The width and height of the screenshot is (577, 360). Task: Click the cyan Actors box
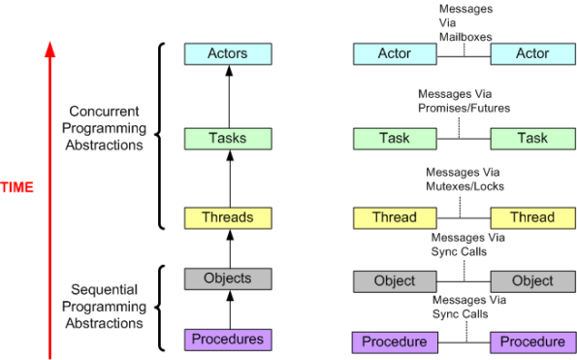pos(228,54)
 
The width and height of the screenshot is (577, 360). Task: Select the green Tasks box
pos(228,138)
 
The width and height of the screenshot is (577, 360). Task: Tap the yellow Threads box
pos(228,217)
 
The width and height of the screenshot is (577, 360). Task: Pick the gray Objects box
pos(228,278)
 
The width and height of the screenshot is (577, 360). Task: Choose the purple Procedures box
pos(228,340)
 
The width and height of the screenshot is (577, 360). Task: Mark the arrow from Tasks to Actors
pos(228,96)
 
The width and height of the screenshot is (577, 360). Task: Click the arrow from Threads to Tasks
pos(228,178)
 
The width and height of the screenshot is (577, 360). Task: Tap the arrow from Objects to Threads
pos(228,248)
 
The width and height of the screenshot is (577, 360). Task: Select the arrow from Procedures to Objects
pos(228,310)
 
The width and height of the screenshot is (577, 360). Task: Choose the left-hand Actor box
pos(394,53)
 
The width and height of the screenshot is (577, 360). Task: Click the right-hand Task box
pos(532,138)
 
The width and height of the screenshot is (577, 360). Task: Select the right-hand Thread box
pos(532,217)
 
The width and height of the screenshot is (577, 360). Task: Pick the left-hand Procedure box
pos(394,342)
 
